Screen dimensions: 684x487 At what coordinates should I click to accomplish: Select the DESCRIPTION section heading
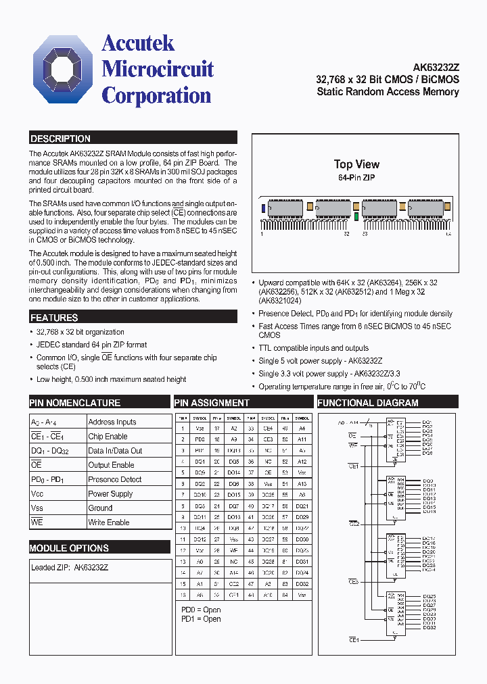(60, 139)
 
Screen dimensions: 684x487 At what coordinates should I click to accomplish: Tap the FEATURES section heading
(54, 317)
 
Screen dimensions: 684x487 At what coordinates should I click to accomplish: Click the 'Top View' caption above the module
(356, 164)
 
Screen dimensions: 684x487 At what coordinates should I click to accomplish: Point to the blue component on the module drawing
(262, 208)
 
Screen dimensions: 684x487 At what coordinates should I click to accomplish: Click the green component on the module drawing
(356, 216)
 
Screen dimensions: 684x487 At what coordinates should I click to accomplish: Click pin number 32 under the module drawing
(346, 234)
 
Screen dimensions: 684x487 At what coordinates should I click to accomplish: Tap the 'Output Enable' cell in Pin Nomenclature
(111, 465)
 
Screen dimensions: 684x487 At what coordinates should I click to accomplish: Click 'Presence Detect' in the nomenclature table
(114, 479)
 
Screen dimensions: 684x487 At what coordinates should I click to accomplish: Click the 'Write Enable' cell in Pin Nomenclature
(108, 522)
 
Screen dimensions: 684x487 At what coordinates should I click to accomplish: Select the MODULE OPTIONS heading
(69, 548)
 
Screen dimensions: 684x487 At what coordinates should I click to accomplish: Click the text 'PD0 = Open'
(201, 610)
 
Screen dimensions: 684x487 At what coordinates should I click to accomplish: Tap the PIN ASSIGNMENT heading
(212, 403)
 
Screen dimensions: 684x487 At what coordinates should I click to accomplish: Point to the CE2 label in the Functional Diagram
(353, 524)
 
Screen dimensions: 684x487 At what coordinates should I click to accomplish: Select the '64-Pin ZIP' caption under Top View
(356, 177)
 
